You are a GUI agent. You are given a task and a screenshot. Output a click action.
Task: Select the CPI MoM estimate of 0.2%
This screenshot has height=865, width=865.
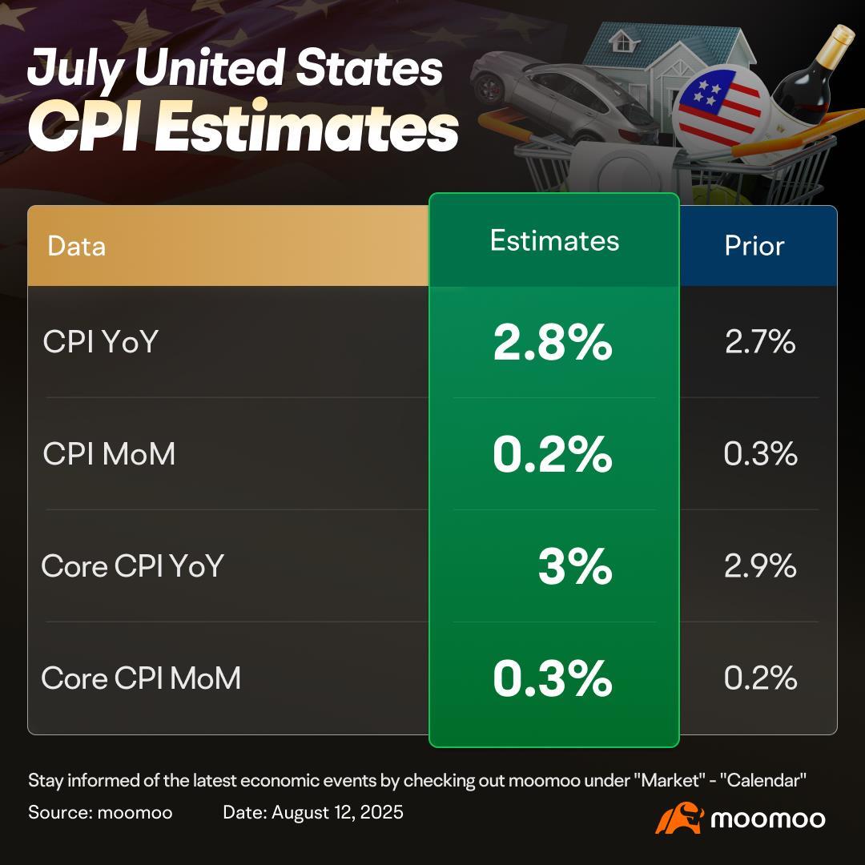tap(553, 455)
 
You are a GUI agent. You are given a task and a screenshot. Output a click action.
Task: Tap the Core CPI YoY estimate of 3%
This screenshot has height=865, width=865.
tap(574, 567)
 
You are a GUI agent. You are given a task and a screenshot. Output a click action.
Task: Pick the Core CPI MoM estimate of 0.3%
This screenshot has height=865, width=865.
tap(553, 679)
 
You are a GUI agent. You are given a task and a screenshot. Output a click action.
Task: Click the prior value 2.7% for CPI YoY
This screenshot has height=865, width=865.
tap(760, 343)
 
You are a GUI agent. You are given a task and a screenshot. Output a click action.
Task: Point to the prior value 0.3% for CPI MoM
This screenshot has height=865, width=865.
tap(760, 455)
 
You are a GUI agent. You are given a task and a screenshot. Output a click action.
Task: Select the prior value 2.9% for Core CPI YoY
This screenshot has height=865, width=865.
tap(760, 567)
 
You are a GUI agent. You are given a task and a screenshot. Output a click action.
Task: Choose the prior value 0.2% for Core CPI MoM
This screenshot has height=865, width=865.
tap(760, 679)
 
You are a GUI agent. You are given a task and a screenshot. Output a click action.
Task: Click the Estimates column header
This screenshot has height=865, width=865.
tap(554, 241)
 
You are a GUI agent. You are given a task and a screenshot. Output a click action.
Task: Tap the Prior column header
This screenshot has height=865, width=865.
tap(754, 246)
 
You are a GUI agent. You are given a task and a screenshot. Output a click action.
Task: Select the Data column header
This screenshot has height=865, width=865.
tap(76, 246)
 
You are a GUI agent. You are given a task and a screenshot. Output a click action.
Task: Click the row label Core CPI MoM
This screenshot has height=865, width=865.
tap(141, 679)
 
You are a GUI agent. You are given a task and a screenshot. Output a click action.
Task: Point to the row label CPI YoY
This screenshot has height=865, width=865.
tap(101, 343)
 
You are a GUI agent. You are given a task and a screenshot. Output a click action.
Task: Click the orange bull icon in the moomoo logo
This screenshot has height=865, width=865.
tap(678, 818)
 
